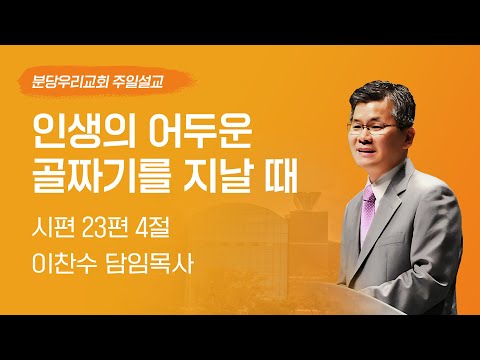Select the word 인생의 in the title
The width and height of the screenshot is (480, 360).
[x=77, y=130]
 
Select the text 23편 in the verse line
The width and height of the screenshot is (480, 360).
[x=123, y=232]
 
